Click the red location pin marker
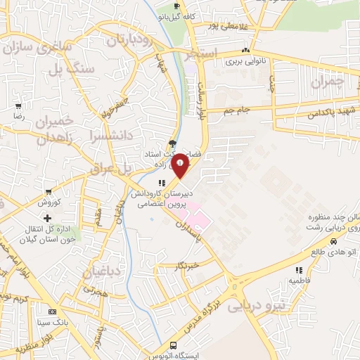click(181, 165)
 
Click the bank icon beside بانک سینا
click(51, 311)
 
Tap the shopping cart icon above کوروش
click(48, 191)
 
